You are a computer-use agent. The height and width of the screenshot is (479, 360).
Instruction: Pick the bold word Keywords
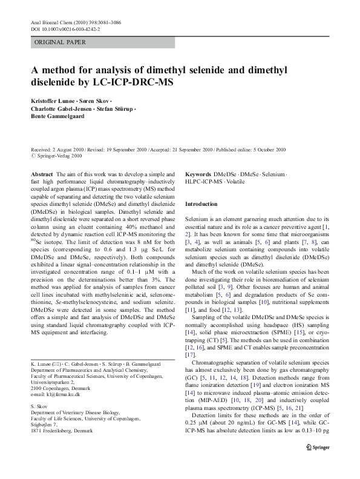tap(198, 174)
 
